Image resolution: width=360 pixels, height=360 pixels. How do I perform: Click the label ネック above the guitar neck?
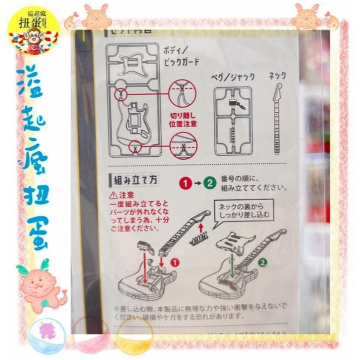click(278, 76)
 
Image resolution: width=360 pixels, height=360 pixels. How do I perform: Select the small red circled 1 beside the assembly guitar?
click(176, 263)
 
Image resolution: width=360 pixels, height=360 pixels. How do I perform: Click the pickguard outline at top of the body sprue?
click(133, 65)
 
